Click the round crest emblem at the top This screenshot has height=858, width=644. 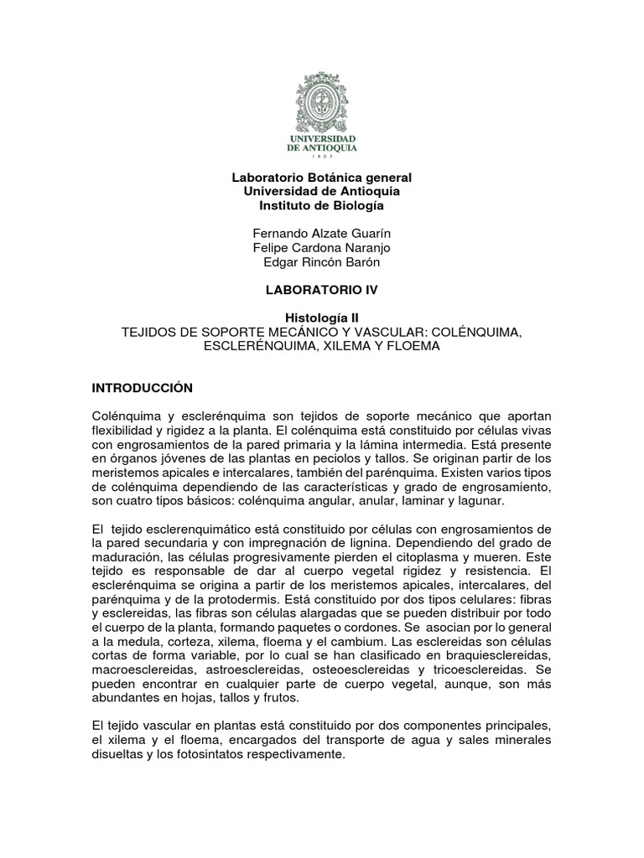[x=322, y=98]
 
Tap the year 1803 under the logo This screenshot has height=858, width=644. [x=322, y=156]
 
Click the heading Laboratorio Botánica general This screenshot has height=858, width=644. [x=322, y=178]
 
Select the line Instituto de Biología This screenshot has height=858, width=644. [x=322, y=206]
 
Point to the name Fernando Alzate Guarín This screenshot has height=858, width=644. [x=322, y=234]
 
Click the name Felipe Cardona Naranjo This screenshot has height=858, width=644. [x=322, y=248]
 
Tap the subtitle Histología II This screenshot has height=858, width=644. [x=322, y=318]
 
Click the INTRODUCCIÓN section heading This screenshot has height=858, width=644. [x=142, y=388]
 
